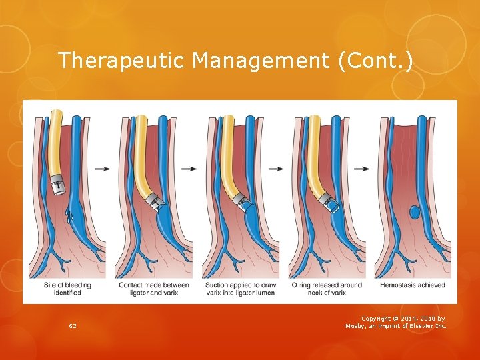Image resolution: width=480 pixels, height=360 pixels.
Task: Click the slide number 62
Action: [72, 325]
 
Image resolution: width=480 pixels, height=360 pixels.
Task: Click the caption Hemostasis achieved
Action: [411, 285]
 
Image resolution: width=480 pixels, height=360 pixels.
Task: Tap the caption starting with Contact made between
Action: [153, 289]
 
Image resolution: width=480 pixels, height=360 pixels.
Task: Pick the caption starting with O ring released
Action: [327, 289]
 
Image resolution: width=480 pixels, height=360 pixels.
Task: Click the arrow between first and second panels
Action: [103, 169]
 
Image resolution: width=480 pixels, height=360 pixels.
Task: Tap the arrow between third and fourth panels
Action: [277, 169]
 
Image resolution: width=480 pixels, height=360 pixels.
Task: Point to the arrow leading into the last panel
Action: [363, 169]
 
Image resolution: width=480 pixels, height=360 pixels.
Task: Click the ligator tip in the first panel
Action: [59, 183]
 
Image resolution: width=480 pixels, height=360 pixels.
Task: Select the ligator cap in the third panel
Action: [240, 199]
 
